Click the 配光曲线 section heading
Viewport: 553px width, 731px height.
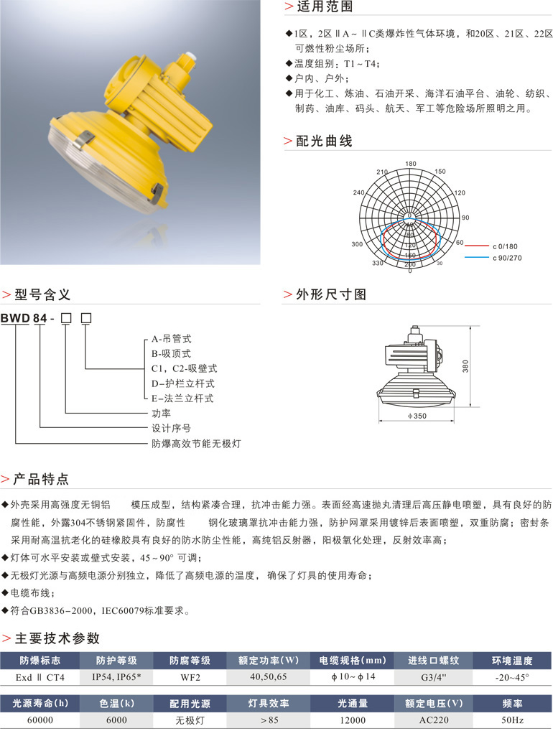click(x=325, y=141)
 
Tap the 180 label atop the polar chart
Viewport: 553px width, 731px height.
click(x=410, y=164)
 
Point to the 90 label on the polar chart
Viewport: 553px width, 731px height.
click(x=465, y=218)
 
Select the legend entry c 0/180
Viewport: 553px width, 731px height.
click(x=506, y=246)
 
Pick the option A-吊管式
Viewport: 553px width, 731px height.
click(x=172, y=338)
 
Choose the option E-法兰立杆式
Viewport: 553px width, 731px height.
click(x=182, y=399)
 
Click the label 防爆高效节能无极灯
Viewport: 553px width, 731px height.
click(x=195, y=444)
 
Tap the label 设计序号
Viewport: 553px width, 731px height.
click(x=169, y=429)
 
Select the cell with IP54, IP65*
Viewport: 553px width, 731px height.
click(x=116, y=677)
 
